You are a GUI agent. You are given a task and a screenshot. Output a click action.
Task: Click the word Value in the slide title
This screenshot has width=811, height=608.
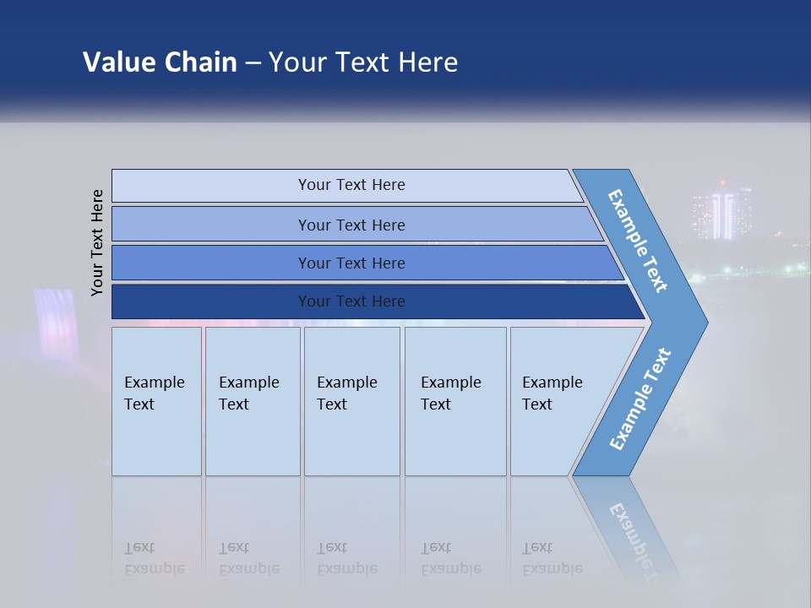click(x=117, y=62)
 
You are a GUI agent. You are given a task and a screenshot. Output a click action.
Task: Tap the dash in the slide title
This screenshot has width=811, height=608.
click(x=253, y=63)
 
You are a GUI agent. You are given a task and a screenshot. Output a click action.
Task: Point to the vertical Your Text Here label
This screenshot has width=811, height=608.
click(x=97, y=242)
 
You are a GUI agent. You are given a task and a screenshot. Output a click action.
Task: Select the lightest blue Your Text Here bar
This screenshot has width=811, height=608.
click(x=351, y=185)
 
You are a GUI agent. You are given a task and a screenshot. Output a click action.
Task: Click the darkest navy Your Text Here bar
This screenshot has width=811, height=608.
click(x=351, y=301)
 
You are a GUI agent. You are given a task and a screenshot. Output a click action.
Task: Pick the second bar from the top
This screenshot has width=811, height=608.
click(x=351, y=225)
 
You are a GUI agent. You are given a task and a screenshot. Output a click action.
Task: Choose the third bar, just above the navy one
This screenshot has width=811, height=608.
click(x=351, y=263)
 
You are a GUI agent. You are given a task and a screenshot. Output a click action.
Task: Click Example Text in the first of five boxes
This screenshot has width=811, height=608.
click(x=154, y=394)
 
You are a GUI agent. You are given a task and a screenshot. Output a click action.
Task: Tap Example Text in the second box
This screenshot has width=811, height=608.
click(x=248, y=394)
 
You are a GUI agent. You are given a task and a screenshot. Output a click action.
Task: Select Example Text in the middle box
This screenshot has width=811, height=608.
click(x=346, y=394)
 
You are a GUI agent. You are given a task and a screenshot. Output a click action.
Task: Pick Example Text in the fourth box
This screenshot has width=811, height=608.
click(x=450, y=394)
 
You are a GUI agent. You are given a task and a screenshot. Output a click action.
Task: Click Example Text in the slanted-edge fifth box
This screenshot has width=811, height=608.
click(x=552, y=394)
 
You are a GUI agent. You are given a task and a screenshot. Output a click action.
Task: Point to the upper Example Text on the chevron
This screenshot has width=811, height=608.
click(x=638, y=241)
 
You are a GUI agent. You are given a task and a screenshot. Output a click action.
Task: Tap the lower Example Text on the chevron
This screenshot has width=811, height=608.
click(x=640, y=399)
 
